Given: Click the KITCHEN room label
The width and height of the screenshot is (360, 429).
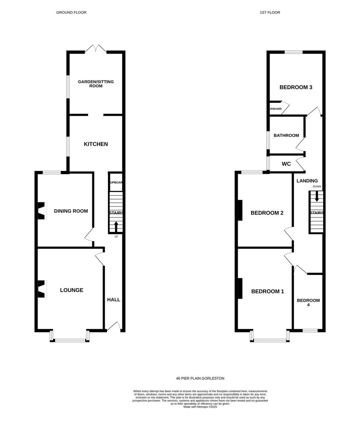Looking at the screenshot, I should pyautogui.click(x=96, y=144).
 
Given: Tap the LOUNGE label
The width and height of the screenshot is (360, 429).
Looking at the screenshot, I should pyautogui.click(x=71, y=290).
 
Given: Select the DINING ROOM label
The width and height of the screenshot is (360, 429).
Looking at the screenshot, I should pyautogui.click(x=71, y=211).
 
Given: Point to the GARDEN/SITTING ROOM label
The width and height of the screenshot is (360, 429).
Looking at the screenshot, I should pyautogui.click(x=96, y=84).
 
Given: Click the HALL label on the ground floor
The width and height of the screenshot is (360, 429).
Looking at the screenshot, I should pyautogui.click(x=114, y=300).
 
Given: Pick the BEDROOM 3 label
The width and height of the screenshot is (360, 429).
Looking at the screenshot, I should pyautogui.click(x=296, y=87).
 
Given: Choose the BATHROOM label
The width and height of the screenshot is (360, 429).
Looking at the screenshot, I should pyautogui.click(x=286, y=135).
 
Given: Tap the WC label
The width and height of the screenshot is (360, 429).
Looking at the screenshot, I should pyautogui.click(x=286, y=164).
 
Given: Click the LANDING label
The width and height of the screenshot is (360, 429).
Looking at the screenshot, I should pyautogui.click(x=307, y=181).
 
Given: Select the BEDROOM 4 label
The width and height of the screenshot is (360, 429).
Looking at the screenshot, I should pyautogui.click(x=308, y=302).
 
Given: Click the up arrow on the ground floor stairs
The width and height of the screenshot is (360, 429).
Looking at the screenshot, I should pyautogui.click(x=116, y=227).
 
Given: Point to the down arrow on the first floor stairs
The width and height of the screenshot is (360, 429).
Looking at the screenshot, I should pyautogui.click(x=317, y=196).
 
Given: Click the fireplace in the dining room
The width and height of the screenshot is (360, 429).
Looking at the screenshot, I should pyautogui.click(x=42, y=211).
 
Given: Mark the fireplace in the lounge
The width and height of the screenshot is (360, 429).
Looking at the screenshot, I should pyautogui.click(x=42, y=289).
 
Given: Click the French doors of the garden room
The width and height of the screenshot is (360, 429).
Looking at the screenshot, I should pyautogui.click(x=95, y=49).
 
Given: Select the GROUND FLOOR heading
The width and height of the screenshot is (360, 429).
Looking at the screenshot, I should pyautogui.click(x=71, y=13).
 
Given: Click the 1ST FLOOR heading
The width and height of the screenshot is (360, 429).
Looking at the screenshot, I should pyautogui.click(x=270, y=13).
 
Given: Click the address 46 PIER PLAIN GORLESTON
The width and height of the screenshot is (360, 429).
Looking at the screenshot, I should pyautogui.click(x=200, y=378).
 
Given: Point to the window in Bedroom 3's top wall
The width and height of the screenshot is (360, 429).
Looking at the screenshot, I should pyautogui.click(x=294, y=52).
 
